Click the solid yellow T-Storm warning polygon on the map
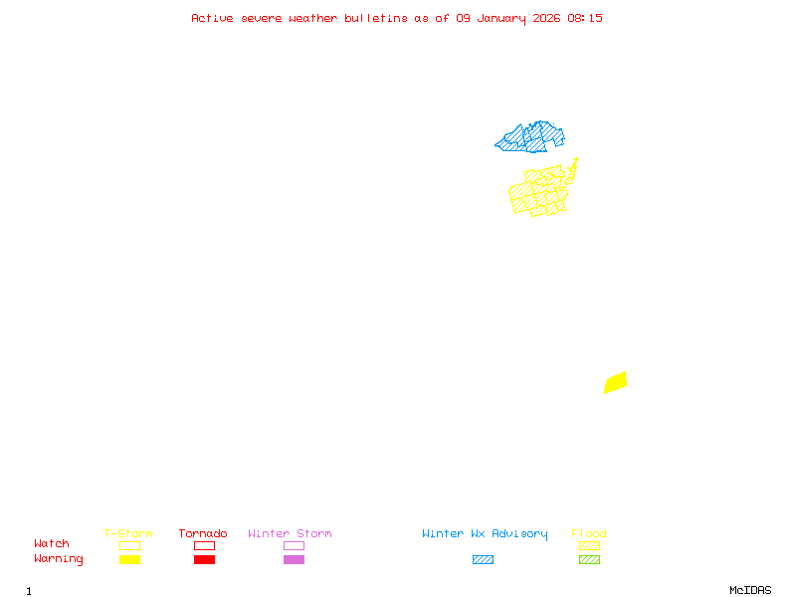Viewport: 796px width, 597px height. click(x=616, y=382)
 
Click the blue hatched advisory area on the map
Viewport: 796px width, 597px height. click(x=531, y=137)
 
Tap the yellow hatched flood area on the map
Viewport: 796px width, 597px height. click(x=537, y=192)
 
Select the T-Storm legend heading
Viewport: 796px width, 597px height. click(x=128, y=534)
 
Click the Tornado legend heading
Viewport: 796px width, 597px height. click(x=203, y=534)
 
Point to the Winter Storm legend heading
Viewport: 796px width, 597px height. click(x=290, y=534)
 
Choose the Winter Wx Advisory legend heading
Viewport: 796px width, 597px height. click(x=485, y=534)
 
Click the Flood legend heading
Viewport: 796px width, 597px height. click(x=589, y=534)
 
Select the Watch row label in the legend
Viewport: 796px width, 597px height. click(x=52, y=544)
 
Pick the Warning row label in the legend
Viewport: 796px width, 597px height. click(x=59, y=559)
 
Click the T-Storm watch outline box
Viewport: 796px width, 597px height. click(x=129, y=545)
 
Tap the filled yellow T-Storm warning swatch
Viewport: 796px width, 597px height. click(x=129, y=560)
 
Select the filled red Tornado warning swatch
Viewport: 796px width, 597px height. click(x=204, y=560)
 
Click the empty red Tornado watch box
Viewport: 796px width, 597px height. click(x=204, y=545)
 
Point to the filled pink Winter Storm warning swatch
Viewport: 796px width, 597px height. click(x=294, y=560)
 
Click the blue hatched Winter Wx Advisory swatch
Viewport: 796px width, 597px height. click(x=483, y=560)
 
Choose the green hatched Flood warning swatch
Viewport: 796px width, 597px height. click(x=589, y=560)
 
